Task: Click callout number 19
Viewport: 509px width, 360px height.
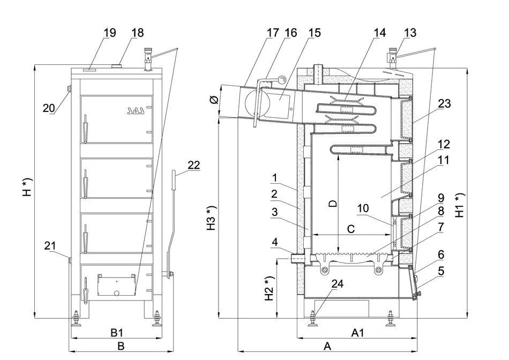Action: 109,33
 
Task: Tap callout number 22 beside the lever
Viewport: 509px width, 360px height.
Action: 193,166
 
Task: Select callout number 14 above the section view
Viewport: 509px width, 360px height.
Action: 379,33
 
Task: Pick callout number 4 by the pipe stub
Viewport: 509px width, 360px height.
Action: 275,242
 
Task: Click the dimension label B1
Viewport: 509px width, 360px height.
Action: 117,333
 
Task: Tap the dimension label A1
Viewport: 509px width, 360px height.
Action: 358,333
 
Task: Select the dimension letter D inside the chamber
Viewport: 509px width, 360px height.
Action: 332,204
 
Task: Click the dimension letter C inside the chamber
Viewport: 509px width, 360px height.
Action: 351,229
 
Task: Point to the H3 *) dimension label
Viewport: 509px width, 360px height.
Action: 212,217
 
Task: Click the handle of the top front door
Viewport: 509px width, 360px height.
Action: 84,130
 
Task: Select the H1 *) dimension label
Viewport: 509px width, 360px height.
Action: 460,205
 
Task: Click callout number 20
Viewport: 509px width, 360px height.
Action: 49,108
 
